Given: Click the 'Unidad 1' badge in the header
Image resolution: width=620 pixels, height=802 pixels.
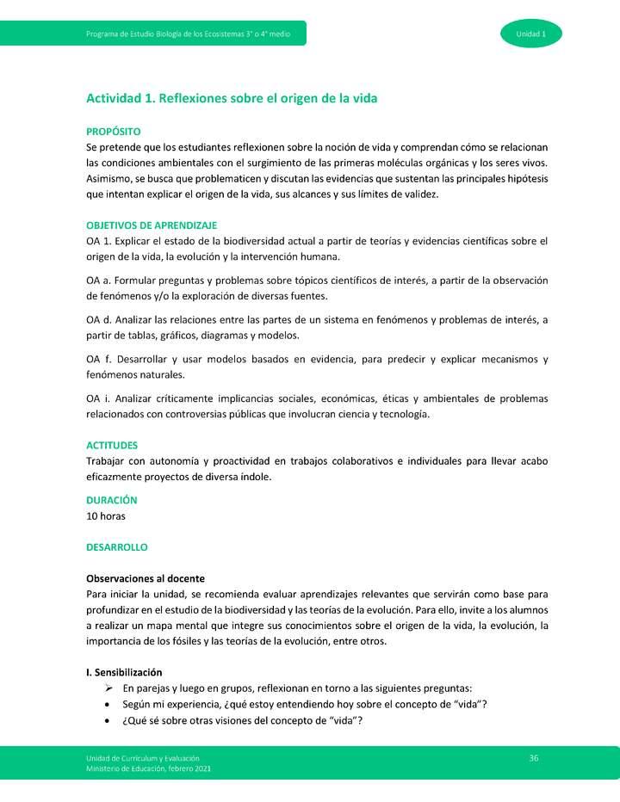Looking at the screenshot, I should click(530, 34).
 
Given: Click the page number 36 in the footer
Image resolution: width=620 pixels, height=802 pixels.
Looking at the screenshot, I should click(534, 757).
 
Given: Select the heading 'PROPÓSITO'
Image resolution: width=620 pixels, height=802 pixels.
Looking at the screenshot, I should click(113, 132).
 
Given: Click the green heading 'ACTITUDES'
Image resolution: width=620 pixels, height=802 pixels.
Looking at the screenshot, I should click(112, 446).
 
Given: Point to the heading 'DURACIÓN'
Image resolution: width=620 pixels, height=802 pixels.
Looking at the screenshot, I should click(112, 500).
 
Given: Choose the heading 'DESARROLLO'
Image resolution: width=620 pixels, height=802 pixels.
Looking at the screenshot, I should click(117, 547).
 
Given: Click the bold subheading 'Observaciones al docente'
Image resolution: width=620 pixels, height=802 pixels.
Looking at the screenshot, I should click(146, 578).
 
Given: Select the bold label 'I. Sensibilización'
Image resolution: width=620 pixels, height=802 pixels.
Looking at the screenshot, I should click(124, 672).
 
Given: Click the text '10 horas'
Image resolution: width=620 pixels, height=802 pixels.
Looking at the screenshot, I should click(106, 516).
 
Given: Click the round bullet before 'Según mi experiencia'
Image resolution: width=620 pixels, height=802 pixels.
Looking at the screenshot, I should click(107, 705).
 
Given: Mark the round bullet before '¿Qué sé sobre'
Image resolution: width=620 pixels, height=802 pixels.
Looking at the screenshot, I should click(107, 721).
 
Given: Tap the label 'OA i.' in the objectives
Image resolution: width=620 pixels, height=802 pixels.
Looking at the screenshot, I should click(98, 398).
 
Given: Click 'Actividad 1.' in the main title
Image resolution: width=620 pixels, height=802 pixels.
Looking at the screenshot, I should click(119, 98).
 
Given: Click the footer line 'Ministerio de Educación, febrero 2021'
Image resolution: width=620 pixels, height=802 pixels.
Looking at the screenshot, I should click(147, 768).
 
